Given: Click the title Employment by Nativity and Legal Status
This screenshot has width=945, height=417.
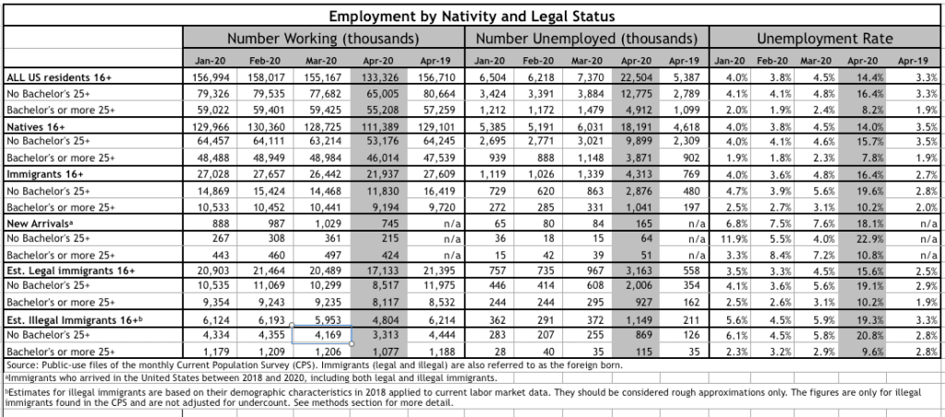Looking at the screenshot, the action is tap(472, 16).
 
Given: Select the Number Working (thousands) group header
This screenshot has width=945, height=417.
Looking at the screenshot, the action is tap(323, 39).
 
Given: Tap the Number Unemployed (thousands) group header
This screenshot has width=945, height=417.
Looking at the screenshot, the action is tap(587, 39).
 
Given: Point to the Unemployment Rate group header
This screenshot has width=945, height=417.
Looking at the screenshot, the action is tap(825, 39).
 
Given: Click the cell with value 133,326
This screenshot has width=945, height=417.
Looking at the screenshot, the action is tap(379, 77).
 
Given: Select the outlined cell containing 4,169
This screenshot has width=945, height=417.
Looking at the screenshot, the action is tap(322, 335).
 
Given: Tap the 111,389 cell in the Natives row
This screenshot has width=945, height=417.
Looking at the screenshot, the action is tap(379, 126).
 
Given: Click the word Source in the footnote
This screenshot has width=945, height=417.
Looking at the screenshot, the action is tap(19, 365).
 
